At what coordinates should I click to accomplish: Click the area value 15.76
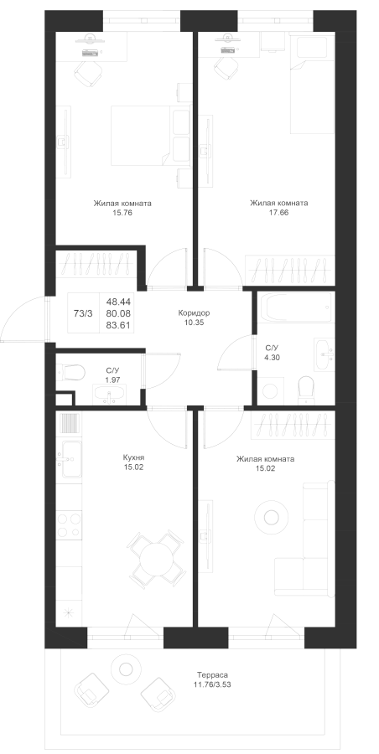tap(122, 212)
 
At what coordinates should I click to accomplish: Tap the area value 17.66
tap(279, 212)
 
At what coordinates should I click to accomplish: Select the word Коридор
tap(194, 313)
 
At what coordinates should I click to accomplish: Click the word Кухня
tap(134, 457)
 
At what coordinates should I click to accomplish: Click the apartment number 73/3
tap(83, 313)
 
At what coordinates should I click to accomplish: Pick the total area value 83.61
tap(117, 324)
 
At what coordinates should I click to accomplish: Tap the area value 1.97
tap(112, 380)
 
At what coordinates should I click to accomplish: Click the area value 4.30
tap(272, 357)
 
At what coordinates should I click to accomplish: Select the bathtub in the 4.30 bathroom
tap(297, 307)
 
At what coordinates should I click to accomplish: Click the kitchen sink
tap(70, 459)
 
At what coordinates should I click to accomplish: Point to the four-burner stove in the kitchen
tap(69, 525)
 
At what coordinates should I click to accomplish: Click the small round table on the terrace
tap(125, 669)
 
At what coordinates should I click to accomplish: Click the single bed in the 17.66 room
tap(312, 85)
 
